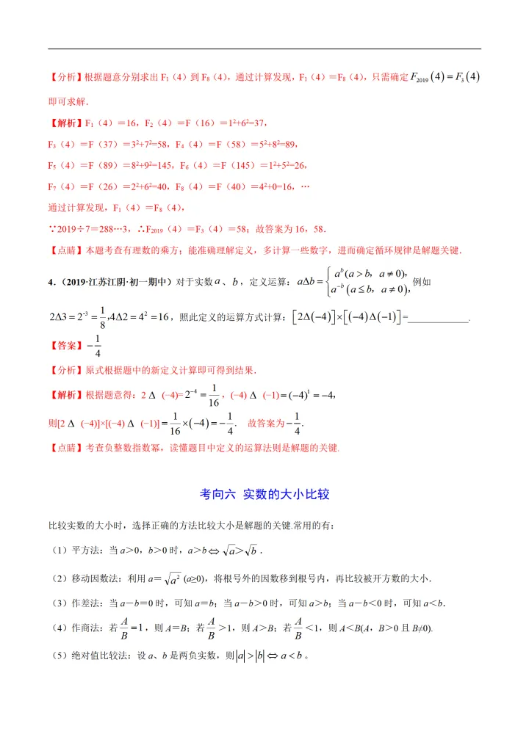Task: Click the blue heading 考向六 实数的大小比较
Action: pos(264,495)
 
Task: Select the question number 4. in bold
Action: pos(51,280)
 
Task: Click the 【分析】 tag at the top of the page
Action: pos(67,77)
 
